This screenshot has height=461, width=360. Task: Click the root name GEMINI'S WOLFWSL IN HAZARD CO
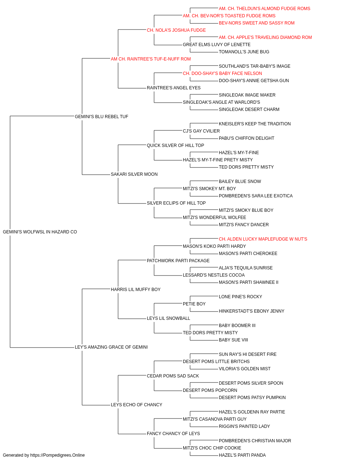coord(40,232)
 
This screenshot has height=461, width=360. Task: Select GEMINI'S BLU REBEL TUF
coord(102,117)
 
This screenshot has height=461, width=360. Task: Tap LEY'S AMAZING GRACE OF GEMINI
coord(111,347)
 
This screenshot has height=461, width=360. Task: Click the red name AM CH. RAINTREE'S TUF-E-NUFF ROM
coord(151,59)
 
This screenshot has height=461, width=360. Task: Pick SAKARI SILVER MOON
coord(134,174)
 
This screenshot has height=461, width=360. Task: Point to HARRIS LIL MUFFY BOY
coord(136,289)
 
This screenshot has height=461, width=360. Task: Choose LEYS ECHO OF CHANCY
coord(136,405)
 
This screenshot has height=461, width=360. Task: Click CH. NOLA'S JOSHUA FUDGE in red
coord(176,30)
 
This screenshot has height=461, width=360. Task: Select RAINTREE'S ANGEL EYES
coord(174,88)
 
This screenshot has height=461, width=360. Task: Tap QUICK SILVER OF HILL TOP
coord(175,146)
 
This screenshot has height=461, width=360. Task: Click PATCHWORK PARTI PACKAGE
coord(178,261)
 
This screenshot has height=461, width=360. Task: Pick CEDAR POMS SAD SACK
coord(173,376)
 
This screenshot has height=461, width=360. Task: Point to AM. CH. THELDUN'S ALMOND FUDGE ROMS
coord(264,9)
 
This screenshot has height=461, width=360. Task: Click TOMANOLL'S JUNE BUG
coord(244,52)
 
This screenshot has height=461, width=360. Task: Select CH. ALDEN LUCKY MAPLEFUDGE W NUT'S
coord(263,239)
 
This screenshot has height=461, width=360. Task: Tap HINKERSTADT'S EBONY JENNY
coord(251,311)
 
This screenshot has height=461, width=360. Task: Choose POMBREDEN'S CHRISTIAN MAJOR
coord(255,441)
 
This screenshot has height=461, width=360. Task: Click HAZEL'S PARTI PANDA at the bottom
coord(242,455)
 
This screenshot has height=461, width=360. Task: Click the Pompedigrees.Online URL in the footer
coord(58,455)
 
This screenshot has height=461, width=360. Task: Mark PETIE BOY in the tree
coord(194,304)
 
